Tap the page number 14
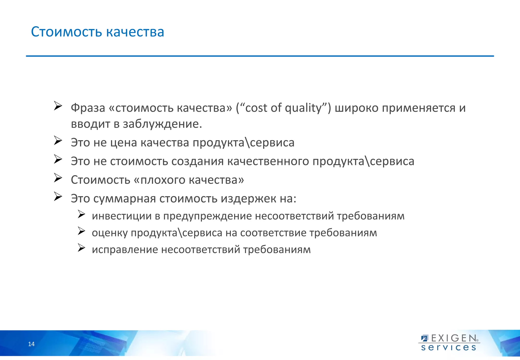(31, 344)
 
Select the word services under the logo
(448, 348)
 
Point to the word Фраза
(88, 108)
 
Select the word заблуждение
(162, 124)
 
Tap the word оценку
(110, 233)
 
